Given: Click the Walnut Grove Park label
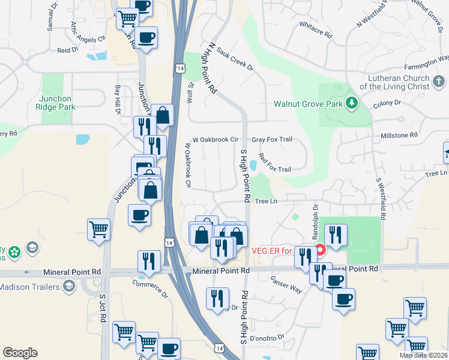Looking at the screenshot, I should (307, 103).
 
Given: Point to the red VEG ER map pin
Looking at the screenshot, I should (320, 248).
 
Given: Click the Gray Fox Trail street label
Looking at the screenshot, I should (271, 139).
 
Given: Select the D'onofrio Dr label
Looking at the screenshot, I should (268, 338).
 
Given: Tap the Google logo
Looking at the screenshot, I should (20, 353).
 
